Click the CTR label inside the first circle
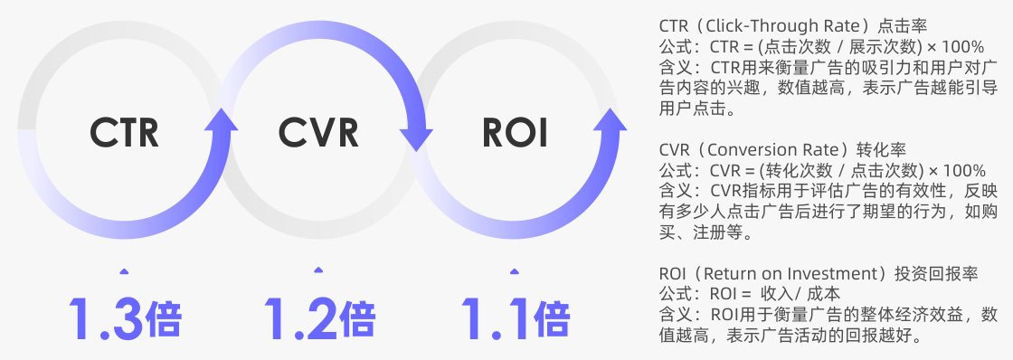125,132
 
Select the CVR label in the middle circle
318,132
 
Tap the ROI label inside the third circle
515,132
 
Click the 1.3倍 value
125,317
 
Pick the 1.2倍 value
318,317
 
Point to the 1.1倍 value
515,317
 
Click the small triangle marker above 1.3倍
124,269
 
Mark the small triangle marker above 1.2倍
318,269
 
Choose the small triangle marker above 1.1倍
515,269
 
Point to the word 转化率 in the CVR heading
876,148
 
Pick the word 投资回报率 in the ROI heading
933,273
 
